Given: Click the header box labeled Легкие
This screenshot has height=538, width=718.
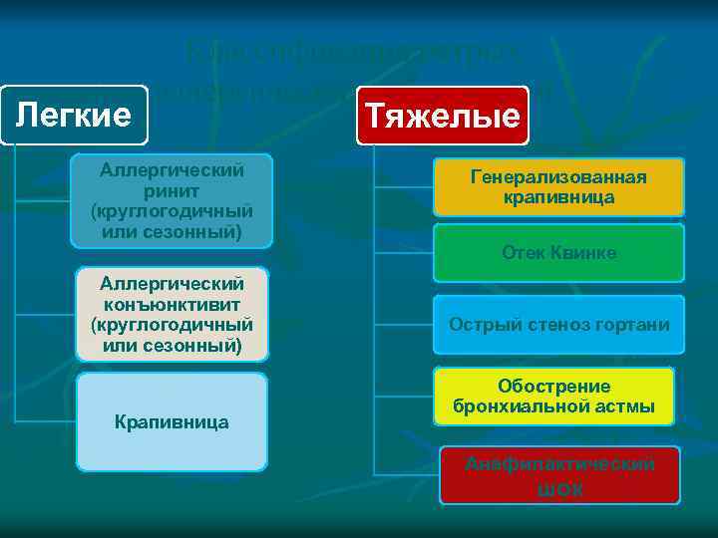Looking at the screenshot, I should pos(73,115).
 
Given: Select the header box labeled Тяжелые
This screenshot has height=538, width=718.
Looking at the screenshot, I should pos(442,116).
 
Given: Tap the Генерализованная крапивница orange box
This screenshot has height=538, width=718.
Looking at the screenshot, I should pos(558,187).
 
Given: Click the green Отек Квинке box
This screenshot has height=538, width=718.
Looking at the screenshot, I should pos(558,253).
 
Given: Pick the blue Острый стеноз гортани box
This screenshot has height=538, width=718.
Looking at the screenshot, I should pos(558,325).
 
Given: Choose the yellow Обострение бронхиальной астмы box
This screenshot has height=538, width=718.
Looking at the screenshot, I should pos(553,397).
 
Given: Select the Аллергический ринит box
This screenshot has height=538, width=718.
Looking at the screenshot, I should pos(172,200).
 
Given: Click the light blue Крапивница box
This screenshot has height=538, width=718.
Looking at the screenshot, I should pos(172,422).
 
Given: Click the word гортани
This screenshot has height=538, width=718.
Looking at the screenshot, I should pos(635,325).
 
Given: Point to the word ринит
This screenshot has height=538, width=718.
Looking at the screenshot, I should pos(172,189).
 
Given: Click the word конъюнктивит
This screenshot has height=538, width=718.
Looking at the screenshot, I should pos(172,303).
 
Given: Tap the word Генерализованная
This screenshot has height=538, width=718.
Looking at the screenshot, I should pos(558,177).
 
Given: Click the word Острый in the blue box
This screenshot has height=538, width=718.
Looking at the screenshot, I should pos(481,325).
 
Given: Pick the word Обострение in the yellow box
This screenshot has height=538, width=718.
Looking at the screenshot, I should pos(553,387).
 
